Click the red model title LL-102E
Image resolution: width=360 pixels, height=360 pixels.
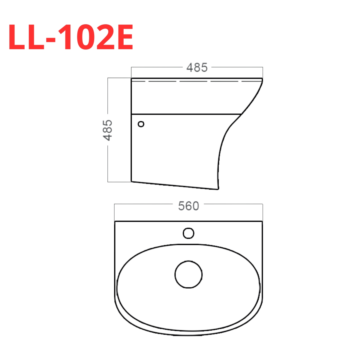[71, 37]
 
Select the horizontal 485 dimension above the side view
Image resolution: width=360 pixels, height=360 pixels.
[197, 67]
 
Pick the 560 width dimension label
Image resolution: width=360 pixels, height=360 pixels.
[188, 206]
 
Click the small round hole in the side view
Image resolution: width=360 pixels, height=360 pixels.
[141, 124]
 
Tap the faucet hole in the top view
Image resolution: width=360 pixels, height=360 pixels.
[188, 233]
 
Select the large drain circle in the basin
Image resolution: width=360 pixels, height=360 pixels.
[188, 274]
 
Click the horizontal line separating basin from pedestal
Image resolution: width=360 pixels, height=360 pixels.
[186, 114]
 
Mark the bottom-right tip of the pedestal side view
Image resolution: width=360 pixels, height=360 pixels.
[217, 189]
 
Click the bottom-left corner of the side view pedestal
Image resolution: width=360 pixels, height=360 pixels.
[132, 181]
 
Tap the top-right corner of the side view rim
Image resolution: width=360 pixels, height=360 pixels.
[262, 79]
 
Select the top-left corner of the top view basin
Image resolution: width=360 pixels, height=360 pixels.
[115, 221]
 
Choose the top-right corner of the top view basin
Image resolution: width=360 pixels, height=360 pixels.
[262, 221]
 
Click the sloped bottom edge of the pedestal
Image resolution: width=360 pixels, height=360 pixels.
[174, 185]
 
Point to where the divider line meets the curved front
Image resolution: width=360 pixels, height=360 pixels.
[241, 114]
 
